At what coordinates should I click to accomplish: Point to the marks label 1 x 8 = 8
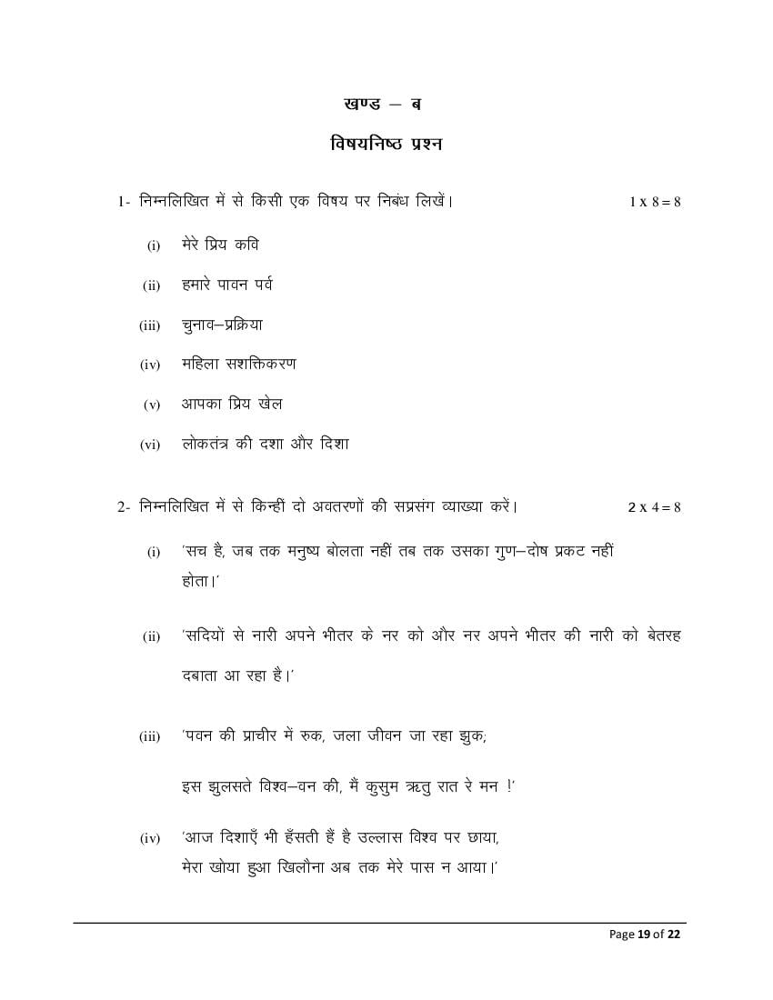(x=655, y=202)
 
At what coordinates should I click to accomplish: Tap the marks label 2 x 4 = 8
(x=654, y=507)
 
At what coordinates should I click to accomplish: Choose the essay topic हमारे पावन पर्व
(x=226, y=285)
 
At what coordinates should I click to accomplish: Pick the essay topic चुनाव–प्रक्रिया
(x=222, y=325)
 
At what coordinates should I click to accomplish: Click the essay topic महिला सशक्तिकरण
(x=238, y=364)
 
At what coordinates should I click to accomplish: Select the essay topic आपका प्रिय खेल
(x=231, y=404)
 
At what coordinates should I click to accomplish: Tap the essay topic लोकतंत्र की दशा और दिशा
(x=265, y=444)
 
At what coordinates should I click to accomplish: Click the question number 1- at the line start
(x=125, y=202)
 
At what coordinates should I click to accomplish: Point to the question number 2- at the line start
(x=125, y=507)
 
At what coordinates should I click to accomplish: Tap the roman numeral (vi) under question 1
(x=149, y=445)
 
